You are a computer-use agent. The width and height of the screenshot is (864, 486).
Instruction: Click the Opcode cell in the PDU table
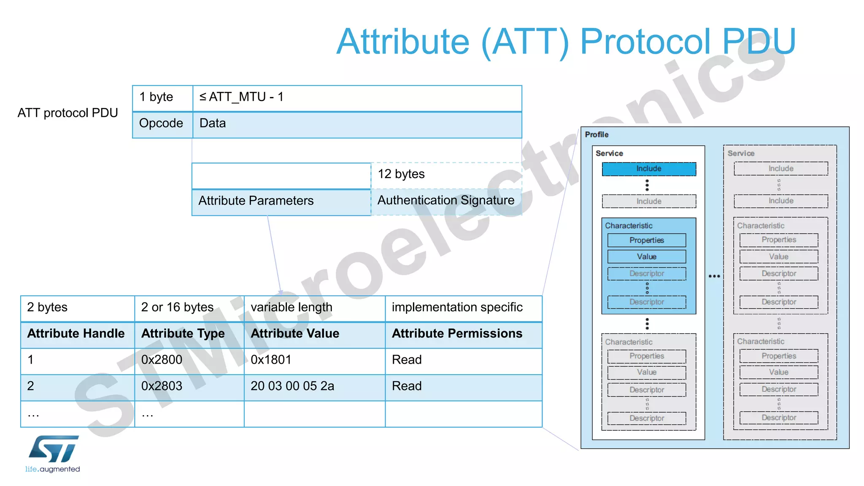point(162,124)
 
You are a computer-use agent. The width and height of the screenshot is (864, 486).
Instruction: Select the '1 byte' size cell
point(162,97)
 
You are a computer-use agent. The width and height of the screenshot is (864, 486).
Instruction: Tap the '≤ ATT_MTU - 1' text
point(241,97)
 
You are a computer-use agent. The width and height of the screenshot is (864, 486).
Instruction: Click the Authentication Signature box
point(446,201)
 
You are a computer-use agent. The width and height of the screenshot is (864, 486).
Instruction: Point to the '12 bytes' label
point(401,174)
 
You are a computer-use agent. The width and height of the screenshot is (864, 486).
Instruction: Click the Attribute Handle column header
point(76,334)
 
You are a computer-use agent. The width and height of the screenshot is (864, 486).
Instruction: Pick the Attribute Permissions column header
point(457,334)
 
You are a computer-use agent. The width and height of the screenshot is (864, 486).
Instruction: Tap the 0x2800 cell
point(162,360)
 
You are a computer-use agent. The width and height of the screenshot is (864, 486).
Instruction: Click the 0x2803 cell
point(162,386)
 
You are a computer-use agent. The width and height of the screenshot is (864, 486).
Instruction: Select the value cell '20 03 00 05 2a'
point(292,386)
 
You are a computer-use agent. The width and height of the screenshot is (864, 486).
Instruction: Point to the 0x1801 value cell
point(271,360)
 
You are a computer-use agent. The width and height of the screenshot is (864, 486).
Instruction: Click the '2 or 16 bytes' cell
point(178,308)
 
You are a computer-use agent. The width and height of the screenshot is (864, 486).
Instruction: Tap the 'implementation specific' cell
point(457,308)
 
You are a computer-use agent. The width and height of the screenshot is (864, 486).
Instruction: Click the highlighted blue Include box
point(649,169)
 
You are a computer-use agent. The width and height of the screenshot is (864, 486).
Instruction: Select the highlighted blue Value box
point(647,256)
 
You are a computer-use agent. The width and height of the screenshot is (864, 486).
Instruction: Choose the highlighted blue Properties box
point(647,240)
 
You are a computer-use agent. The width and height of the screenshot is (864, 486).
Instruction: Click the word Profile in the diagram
point(597,135)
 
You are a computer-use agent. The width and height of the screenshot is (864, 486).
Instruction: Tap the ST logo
point(54,449)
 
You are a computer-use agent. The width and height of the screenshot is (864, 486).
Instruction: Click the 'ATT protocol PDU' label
point(68,113)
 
